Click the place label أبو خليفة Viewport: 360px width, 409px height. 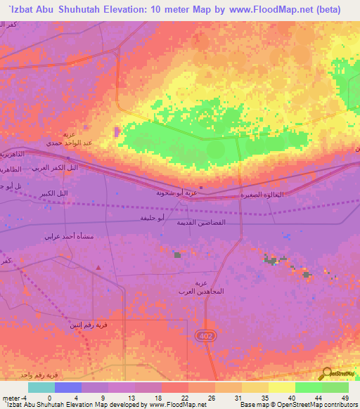152,219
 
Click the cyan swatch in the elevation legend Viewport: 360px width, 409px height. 41,388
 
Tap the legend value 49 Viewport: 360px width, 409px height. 345,398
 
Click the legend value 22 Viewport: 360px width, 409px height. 184,398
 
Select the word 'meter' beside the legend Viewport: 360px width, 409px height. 10,398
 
